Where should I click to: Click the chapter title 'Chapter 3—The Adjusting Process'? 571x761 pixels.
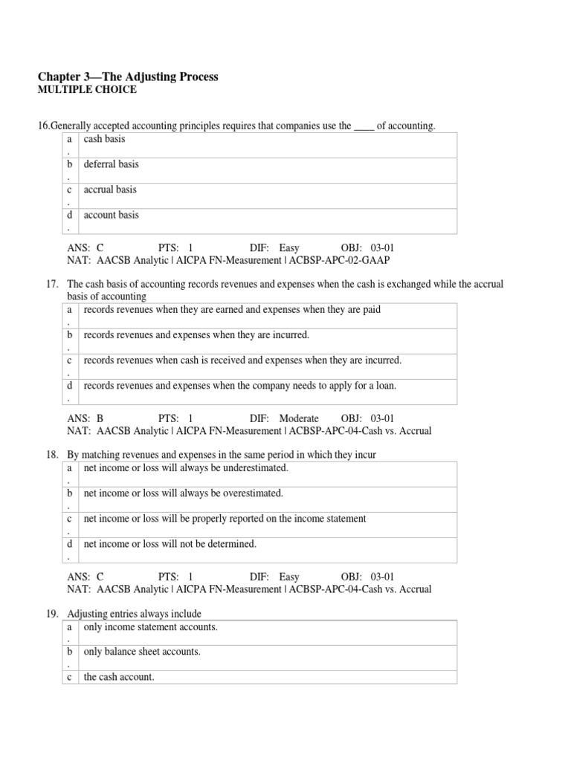pos(128,77)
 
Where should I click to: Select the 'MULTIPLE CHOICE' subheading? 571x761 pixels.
pos(86,91)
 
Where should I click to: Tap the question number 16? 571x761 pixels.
pos(44,126)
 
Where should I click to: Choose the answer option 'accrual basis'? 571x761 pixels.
pos(110,190)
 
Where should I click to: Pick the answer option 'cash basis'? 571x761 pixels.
pos(104,139)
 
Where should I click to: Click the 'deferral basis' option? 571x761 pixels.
pos(111,164)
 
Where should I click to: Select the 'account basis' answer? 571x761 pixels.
pos(111,215)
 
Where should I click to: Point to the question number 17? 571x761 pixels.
pos(52,284)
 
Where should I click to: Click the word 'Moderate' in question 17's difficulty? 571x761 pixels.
pos(299,418)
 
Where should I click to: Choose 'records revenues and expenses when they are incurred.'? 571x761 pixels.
pos(196,335)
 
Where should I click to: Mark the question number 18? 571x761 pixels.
pos(52,455)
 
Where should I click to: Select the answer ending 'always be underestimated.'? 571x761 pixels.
pos(185,467)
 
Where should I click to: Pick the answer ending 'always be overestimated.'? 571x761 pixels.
pos(183,493)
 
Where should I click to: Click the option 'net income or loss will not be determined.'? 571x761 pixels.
pos(170,543)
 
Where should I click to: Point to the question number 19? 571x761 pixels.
pos(52,614)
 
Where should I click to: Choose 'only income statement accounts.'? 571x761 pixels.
pos(150,626)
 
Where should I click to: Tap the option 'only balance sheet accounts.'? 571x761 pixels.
pos(142,652)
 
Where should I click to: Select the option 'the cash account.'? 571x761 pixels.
pos(119,677)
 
